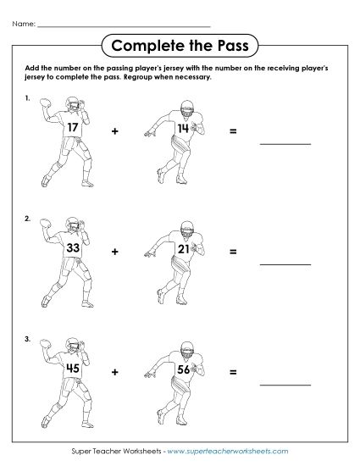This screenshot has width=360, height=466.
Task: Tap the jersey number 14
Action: (184, 129)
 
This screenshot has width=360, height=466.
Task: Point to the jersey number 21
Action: (184, 249)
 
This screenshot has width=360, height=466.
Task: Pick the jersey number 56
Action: (184, 369)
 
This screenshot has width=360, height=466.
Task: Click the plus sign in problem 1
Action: (117, 131)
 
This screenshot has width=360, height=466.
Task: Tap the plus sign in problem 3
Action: (117, 371)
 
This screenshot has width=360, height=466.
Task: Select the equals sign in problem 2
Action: (232, 252)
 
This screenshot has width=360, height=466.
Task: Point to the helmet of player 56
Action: (186, 347)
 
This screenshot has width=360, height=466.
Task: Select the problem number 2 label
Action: (28, 218)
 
